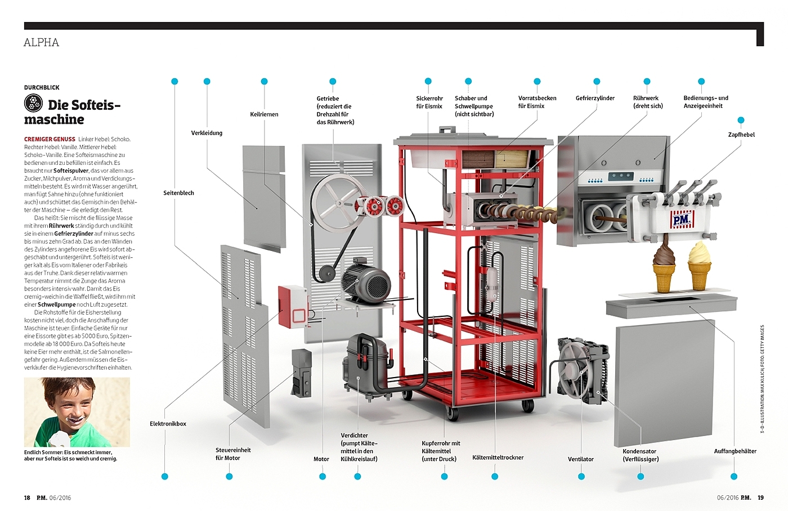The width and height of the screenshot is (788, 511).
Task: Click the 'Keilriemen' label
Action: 264,114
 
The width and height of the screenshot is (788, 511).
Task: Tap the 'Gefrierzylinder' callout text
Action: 595,98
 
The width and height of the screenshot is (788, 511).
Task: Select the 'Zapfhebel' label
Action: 741,135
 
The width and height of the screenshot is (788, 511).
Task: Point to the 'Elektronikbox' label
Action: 168,424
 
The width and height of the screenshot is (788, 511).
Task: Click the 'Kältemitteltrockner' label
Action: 498,458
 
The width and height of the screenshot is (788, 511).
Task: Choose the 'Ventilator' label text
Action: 580,459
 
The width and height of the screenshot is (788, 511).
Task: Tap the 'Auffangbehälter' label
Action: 735,451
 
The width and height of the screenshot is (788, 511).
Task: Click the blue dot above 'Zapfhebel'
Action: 741,120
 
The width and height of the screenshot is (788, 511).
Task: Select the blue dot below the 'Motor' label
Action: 322,477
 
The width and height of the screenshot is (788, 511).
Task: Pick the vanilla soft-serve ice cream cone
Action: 699,266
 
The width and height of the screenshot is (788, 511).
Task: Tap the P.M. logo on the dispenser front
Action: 682,220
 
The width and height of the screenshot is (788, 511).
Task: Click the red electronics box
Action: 292,307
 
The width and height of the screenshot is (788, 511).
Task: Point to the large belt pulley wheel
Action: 337,203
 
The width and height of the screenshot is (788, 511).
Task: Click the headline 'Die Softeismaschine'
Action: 72,112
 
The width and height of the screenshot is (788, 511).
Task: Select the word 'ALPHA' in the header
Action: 41,43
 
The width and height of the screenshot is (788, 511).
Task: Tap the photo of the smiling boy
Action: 77,412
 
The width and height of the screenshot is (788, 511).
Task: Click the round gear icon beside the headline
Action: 33,103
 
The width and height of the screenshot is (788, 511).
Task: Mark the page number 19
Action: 760,497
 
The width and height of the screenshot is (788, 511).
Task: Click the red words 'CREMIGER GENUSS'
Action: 50,139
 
